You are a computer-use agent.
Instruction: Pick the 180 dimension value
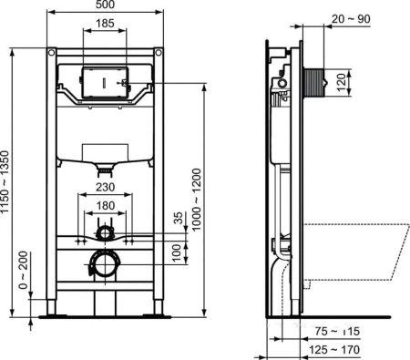pyautogui.click(x=106, y=206)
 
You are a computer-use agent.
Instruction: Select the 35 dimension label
pyautogui.click(x=177, y=218)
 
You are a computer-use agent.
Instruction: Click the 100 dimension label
pyautogui.click(x=177, y=249)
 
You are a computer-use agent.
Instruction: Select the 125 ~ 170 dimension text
pyautogui.click(x=331, y=347)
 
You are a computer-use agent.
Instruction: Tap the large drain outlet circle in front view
pyautogui.click(x=105, y=265)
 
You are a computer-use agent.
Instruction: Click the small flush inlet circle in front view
pyautogui.click(x=106, y=233)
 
